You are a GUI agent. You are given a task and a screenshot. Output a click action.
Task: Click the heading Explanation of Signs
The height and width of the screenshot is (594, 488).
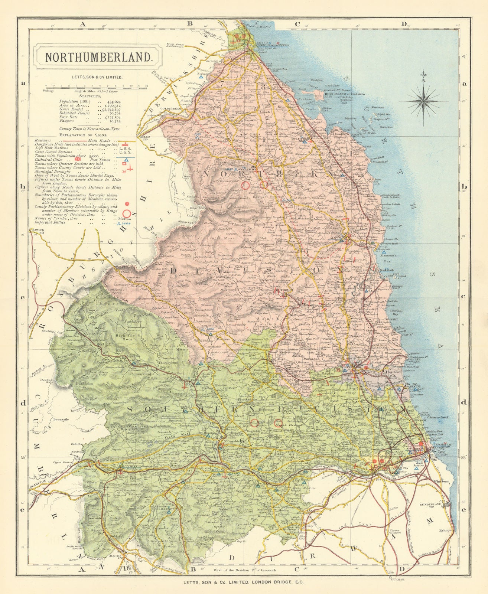point(88,135)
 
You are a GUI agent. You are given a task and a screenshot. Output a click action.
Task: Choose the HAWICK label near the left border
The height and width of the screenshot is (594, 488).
point(38,230)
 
